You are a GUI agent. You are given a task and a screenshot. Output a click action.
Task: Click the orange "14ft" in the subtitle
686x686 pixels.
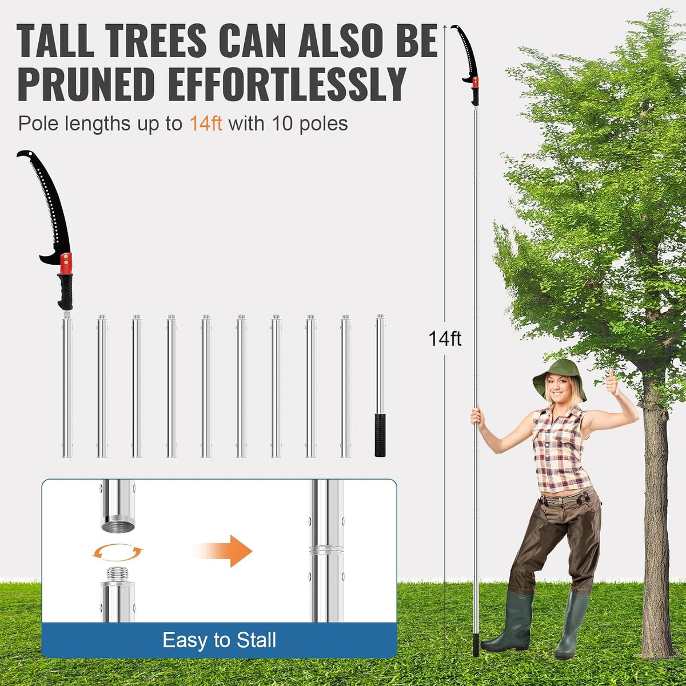(x=206, y=124)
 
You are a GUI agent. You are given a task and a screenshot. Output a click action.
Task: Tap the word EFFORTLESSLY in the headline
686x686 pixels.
(x=287, y=85)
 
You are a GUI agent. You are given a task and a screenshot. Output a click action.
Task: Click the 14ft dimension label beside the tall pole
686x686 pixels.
(x=445, y=338)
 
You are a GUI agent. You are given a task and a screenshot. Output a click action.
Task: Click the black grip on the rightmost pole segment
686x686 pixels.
(x=380, y=434)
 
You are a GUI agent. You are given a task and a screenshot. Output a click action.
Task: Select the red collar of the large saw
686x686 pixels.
(x=66, y=264)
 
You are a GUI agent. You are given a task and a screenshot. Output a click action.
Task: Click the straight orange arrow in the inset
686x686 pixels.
(x=224, y=551)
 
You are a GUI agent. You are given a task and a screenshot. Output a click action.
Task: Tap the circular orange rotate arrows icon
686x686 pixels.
(x=118, y=552)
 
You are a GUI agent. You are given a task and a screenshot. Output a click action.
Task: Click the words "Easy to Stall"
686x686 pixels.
(x=220, y=640)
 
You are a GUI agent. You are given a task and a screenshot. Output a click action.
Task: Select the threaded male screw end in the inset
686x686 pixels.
(x=118, y=575)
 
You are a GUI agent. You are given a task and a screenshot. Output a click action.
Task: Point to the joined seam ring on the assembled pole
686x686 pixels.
(x=326, y=551)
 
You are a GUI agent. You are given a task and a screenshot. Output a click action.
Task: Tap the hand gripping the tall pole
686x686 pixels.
(x=476, y=417)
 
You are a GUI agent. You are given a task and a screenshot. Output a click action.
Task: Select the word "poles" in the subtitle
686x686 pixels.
(x=323, y=124)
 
